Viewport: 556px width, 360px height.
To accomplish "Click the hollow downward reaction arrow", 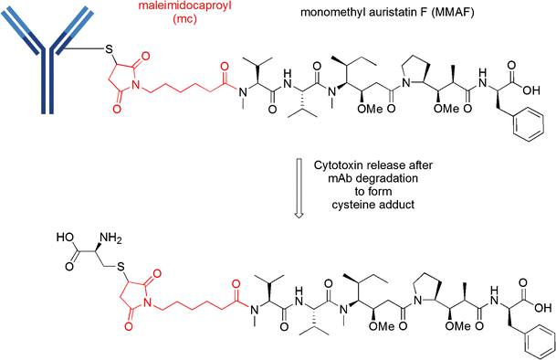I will click(297, 184).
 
